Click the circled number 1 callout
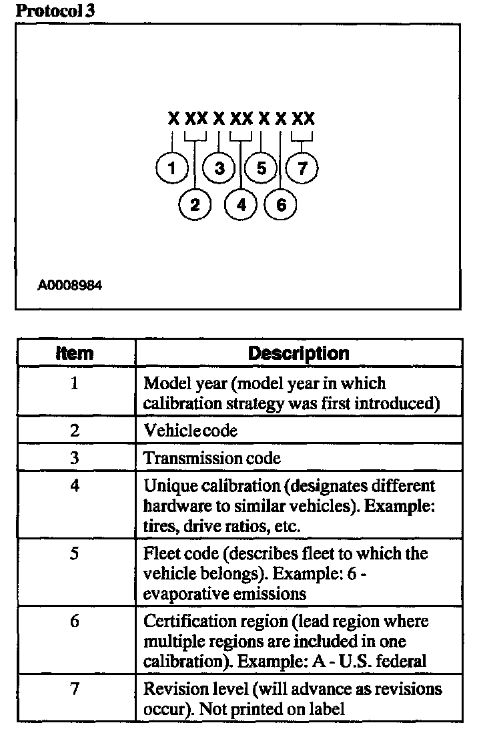click(x=171, y=168)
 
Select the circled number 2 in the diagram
click(x=195, y=204)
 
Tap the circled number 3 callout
click(x=219, y=168)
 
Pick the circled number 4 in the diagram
click(x=241, y=204)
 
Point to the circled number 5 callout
click(x=261, y=168)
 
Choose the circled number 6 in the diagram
click(x=281, y=204)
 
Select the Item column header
click(x=75, y=352)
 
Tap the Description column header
click(x=298, y=352)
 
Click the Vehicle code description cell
click(x=191, y=431)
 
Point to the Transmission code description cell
click(x=212, y=458)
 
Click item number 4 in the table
click(x=75, y=485)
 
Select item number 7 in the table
click(x=75, y=688)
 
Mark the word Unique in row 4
click(x=165, y=485)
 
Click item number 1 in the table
click(x=75, y=384)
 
